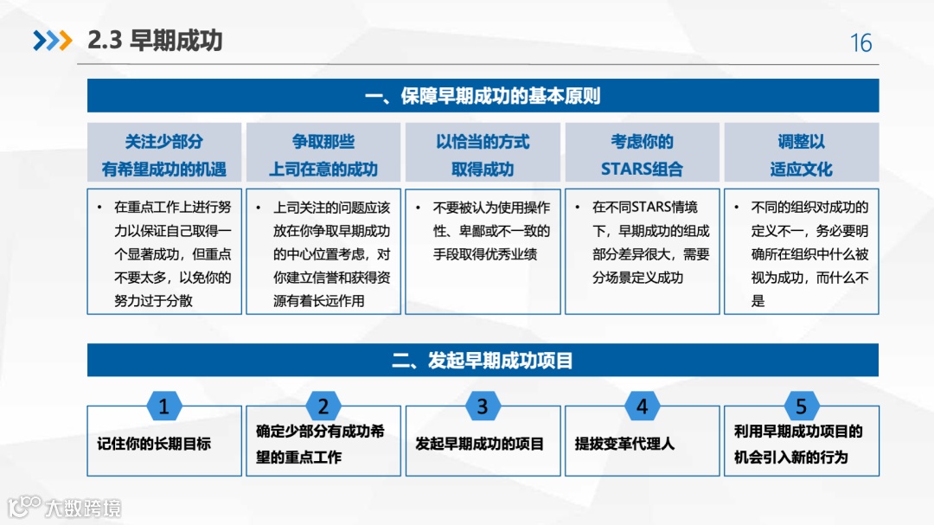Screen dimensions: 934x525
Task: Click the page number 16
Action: tap(860, 43)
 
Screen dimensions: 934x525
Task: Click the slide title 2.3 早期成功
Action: tap(156, 41)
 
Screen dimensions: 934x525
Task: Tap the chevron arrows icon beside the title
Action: tap(52, 41)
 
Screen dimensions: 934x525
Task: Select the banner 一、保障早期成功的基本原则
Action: tap(483, 95)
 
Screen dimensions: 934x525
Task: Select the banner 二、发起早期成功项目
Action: tap(483, 360)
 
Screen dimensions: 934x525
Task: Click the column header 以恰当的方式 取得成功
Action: tap(483, 155)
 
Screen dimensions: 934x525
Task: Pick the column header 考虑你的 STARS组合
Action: tap(642, 155)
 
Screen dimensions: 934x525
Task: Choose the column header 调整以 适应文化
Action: tap(801, 155)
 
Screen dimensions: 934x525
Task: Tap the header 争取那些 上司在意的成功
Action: tap(323, 155)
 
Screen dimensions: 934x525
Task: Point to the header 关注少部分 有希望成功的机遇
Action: tap(164, 155)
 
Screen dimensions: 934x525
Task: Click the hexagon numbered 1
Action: tap(164, 407)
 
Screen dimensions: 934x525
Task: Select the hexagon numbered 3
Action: tap(483, 407)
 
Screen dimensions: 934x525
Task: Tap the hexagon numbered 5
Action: tap(801, 407)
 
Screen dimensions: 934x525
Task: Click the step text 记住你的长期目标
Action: tap(154, 444)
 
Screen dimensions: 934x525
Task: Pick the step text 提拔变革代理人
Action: tap(624, 444)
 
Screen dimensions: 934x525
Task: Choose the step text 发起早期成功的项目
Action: tap(479, 444)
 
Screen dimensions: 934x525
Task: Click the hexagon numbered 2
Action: tap(323, 407)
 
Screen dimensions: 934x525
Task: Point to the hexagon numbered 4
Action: tap(642, 407)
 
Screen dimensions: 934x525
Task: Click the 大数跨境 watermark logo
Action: tap(65, 507)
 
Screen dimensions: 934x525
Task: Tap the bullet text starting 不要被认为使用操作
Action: tap(491, 231)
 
